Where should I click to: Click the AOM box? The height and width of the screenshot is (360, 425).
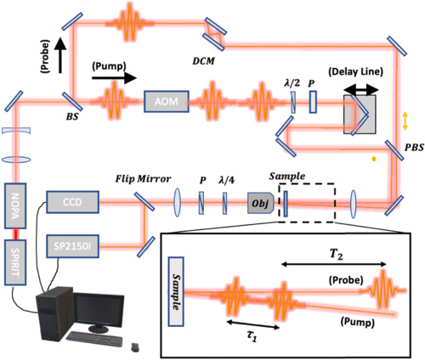(167, 101)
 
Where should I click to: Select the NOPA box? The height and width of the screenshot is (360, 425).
(15, 205)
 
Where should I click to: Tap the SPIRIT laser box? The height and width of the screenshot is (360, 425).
(15, 262)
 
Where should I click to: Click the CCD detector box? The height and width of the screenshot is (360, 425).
(72, 202)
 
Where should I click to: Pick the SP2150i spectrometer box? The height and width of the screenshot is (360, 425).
(72, 246)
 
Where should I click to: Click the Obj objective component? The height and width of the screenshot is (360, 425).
(261, 203)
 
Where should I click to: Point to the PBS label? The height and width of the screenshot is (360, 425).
(414, 147)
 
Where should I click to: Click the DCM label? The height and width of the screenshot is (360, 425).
(203, 61)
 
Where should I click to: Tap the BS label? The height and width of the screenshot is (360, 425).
(72, 116)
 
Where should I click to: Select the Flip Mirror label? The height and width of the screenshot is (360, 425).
(143, 179)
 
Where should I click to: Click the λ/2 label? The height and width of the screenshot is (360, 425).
(292, 83)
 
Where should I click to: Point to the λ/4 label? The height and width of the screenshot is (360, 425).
(227, 180)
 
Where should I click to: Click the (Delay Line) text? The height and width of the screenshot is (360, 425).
(355, 71)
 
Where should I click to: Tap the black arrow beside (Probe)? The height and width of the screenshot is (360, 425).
(60, 55)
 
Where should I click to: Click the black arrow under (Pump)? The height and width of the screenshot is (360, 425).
(114, 78)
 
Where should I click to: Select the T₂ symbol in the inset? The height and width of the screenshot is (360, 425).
(337, 254)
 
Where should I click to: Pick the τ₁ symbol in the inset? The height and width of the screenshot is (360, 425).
(252, 336)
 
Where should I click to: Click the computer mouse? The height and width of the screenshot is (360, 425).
(135, 347)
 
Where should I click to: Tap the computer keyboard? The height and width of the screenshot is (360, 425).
(94, 339)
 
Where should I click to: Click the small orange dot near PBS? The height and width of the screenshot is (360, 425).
(374, 159)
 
